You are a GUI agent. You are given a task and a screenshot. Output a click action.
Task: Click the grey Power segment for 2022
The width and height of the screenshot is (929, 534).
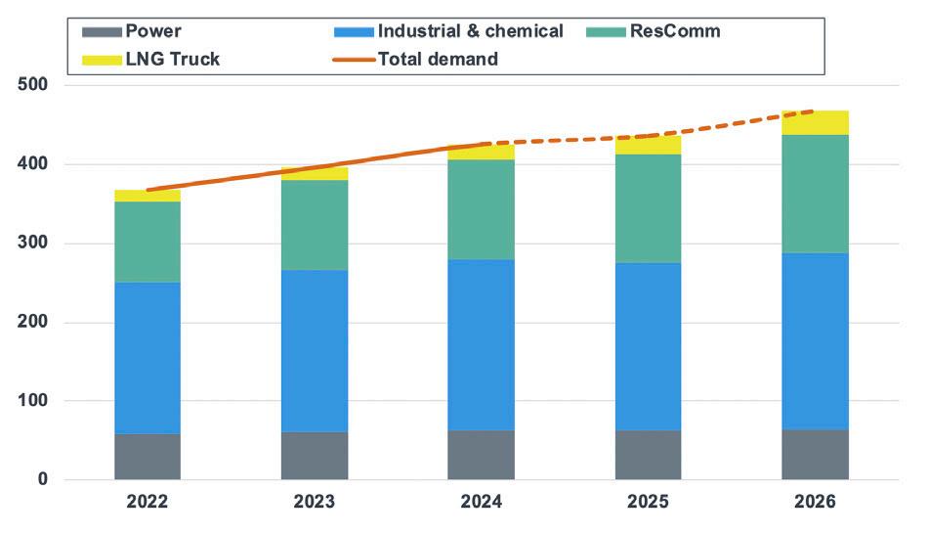148,457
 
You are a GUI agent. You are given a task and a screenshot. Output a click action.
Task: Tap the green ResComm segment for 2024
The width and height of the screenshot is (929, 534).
481,209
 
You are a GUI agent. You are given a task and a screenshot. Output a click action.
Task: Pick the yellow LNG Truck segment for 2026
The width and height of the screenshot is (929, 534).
815,122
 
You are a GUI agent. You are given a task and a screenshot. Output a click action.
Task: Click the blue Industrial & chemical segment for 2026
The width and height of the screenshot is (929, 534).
815,341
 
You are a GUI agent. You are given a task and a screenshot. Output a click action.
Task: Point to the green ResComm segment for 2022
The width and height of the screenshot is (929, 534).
148,242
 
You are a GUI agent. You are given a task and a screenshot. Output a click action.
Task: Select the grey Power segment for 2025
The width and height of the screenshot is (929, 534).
648,455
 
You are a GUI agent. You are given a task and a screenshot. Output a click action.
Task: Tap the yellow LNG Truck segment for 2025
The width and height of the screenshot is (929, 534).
648,145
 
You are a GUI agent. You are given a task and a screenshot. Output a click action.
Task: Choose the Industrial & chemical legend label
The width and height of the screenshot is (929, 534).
471,31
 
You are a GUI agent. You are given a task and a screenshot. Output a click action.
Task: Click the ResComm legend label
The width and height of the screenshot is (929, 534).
680,31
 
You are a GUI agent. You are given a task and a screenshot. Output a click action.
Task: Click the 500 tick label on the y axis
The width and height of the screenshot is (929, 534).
33,86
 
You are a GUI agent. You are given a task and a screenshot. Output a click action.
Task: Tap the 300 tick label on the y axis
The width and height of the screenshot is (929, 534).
33,244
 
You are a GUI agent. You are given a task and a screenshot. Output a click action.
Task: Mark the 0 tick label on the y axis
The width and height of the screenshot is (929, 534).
43,480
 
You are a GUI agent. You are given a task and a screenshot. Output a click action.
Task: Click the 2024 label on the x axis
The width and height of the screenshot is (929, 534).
481,502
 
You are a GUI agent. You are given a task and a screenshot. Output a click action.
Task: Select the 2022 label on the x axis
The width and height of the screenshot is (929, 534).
148,502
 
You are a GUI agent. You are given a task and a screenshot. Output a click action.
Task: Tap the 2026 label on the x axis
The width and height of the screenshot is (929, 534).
815,502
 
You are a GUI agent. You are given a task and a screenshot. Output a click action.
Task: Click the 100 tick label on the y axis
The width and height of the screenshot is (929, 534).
33,401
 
